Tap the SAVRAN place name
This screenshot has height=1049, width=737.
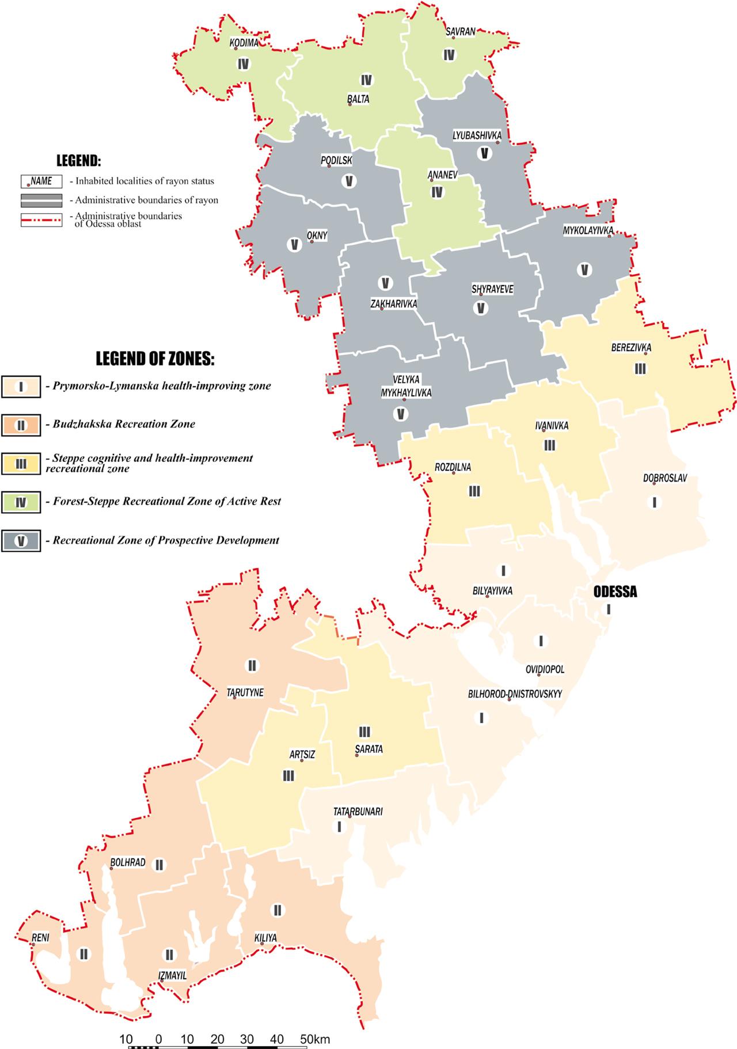pyautogui.click(x=461, y=32)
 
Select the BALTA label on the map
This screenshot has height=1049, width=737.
pyautogui.click(x=358, y=99)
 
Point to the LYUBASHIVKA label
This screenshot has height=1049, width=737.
pyautogui.click(x=477, y=135)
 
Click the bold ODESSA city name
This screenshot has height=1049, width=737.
pyautogui.click(x=615, y=592)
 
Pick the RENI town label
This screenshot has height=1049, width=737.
pyautogui.click(x=40, y=937)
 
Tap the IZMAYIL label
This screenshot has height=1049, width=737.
pyautogui.click(x=173, y=975)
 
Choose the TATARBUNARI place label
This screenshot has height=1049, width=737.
pyautogui.click(x=358, y=811)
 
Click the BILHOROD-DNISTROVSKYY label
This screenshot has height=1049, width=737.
pyautogui.click(x=515, y=694)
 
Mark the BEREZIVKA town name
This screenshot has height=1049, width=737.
pyautogui.click(x=631, y=347)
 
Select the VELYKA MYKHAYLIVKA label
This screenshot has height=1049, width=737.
pyautogui.click(x=406, y=385)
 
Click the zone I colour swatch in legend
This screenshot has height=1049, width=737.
pyautogui.click(x=21, y=386)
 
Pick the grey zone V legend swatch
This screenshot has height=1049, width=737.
pyautogui.click(x=21, y=541)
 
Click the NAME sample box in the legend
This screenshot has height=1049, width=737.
pyautogui.click(x=41, y=181)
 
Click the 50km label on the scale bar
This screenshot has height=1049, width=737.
pyautogui.click(x=314, y=1035)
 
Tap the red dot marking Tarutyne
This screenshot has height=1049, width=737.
pyautogui.click(x=234, y=698)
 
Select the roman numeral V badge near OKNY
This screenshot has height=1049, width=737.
pyautogui.click(x=294, y=244)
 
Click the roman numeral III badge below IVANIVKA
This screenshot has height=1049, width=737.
pyautogui.click(x=549, y=445)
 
